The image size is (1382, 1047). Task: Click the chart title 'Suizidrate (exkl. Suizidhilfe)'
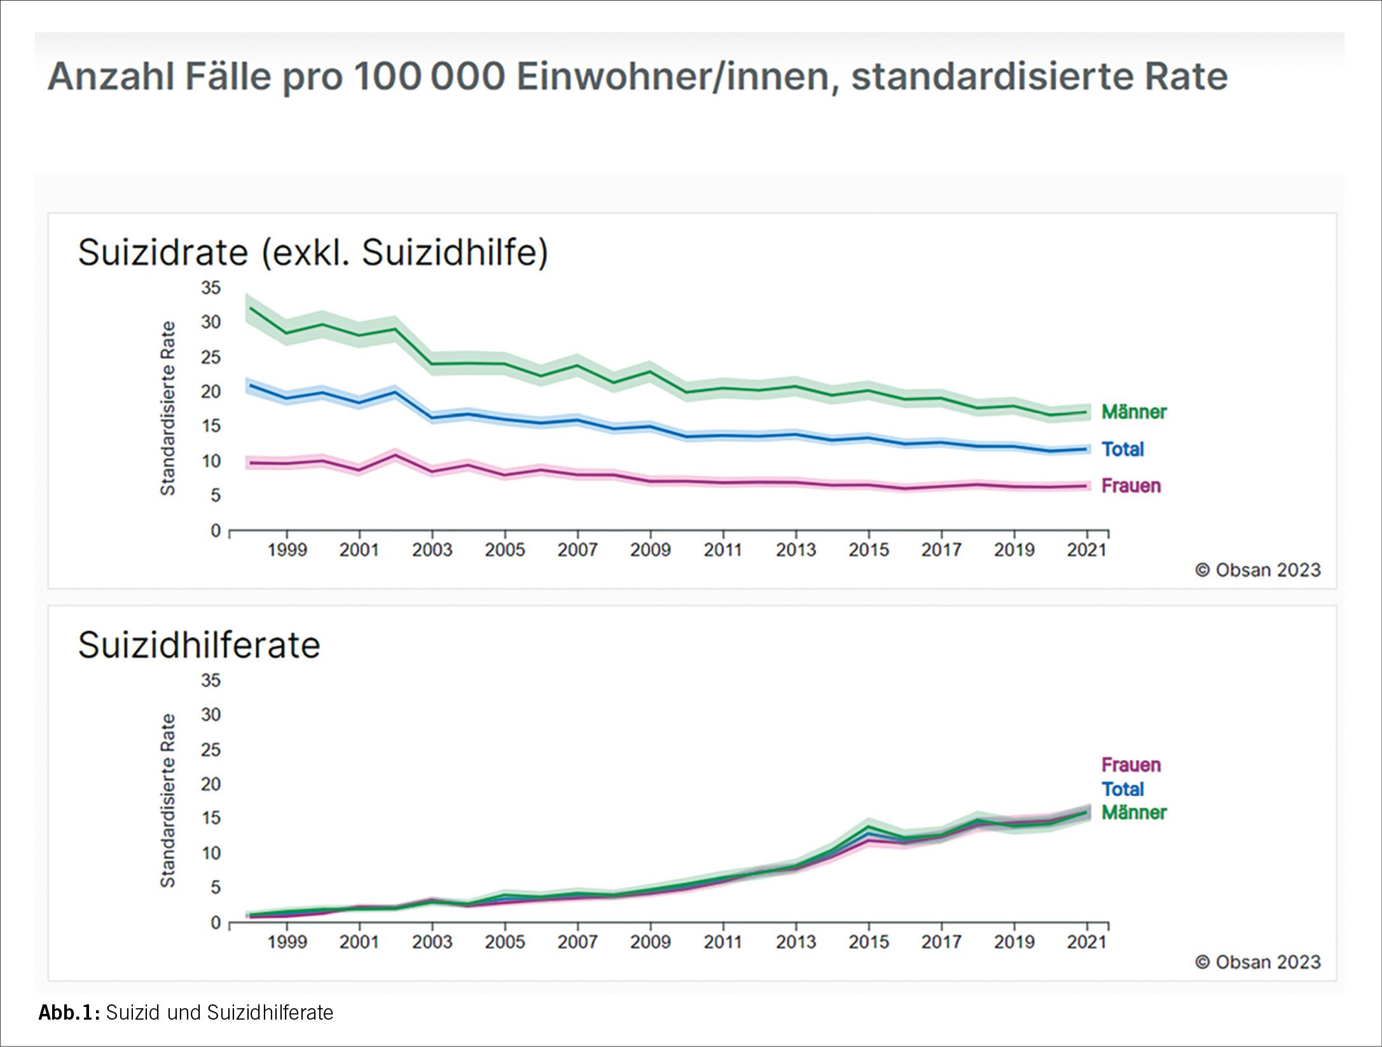[x=312, y=253]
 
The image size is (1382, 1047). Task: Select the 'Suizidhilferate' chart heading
[x=199, y=645]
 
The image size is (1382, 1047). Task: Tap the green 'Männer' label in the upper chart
[x=1133, y=412]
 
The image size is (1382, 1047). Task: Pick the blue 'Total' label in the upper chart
[x=1123, y=449]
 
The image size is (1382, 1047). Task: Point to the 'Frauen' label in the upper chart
[x=1131, y=486]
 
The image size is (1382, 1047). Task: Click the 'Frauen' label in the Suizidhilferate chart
[x=1131, y=765]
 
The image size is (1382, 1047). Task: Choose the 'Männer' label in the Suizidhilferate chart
[x=1133, y=812]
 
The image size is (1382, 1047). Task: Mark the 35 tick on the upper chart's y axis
[x=211, y=288]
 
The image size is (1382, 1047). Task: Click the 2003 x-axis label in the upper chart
[x=432, y=550]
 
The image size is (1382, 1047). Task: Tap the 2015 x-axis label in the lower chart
[x=868, y=942]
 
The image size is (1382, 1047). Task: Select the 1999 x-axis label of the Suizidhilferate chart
[x=287, y=942]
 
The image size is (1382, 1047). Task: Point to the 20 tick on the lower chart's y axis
[x=211, y=784]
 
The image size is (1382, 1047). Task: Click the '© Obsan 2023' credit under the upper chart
[x=1257, y=570]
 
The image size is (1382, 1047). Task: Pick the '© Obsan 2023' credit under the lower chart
[x=1257, y=962]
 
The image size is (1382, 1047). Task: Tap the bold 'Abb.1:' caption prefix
[x=69, y=1013]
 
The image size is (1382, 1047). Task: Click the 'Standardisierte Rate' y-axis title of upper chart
[x=167, y=408]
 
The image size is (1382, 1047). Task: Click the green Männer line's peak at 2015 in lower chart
[x=868, y=826]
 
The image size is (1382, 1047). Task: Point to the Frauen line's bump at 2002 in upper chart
[x=396, y=455]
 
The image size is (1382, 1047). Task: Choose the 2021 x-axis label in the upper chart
[x=1086, y=550]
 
